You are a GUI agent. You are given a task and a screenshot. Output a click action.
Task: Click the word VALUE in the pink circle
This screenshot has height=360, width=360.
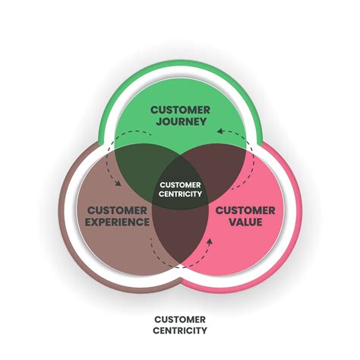pyautogui.click(x=248, y=222)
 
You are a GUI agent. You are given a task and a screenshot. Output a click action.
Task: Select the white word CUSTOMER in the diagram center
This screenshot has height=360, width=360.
pyautogui.click(x=180, y=184)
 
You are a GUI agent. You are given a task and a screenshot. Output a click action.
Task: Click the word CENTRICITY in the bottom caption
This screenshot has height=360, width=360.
pyautogui.click(x=180, y=330)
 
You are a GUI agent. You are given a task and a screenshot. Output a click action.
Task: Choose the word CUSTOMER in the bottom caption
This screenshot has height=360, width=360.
pyautogui.click(x=180, y=320)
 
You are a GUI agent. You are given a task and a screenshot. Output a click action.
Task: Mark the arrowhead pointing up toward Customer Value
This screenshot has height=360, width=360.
pyautogui.click(x=210, y=242)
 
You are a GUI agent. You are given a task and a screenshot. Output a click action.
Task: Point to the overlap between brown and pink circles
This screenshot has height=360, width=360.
pyautogui.click(x=180, y=243)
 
